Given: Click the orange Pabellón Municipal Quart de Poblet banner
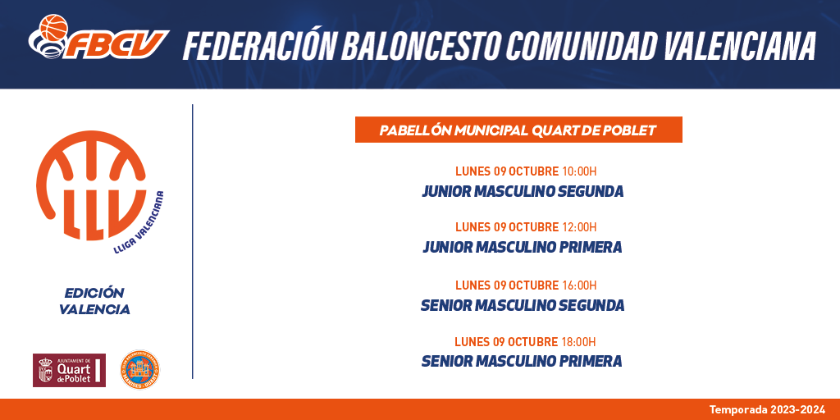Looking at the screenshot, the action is (518, 130).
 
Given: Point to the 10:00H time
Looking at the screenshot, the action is (579, 171).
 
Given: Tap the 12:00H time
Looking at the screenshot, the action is (579, 227).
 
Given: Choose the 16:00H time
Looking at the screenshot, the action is (579, 285).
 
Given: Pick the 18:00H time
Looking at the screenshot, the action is (578, 342).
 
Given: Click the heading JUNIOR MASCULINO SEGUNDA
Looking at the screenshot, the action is (523, 191).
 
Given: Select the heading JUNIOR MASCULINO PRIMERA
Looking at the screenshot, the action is (523, 247).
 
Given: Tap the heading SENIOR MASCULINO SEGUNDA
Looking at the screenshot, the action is (523, 305).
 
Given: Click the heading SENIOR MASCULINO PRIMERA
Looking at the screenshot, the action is (523, 362).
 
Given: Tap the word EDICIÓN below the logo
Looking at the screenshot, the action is (94, 293).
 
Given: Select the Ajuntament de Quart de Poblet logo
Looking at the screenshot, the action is (69, 370).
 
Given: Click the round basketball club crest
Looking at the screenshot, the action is (139, 369).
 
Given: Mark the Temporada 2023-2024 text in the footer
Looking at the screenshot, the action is (767, 410).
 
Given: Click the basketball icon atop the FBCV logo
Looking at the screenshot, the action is (53, 27).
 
